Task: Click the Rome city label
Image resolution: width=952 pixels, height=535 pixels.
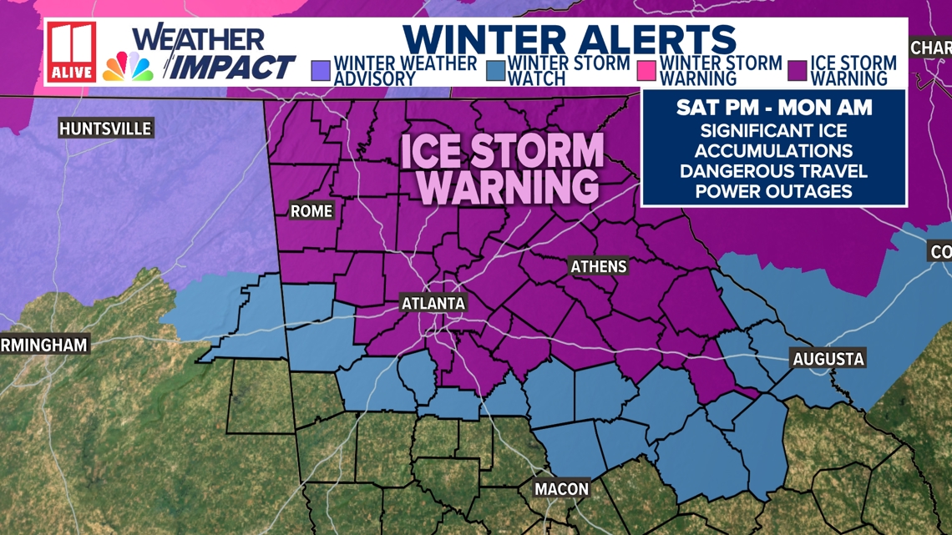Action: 311,211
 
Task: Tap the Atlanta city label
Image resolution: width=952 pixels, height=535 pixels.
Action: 433,303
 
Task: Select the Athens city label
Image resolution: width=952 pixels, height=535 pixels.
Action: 598,267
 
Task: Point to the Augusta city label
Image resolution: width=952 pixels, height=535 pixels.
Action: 828,360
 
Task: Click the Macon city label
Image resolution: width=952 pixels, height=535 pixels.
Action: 561,489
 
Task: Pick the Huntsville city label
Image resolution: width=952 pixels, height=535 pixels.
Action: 105,129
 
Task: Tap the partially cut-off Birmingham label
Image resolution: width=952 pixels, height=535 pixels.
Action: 43,345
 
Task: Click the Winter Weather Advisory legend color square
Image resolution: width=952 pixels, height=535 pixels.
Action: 320,70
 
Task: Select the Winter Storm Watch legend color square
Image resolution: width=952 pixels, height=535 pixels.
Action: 494,70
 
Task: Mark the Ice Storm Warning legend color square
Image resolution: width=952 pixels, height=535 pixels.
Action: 797,70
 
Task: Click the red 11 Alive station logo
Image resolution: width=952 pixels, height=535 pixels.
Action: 71,51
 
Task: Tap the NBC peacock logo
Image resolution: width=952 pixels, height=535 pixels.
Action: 128,67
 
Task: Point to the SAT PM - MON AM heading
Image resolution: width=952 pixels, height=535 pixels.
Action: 774,108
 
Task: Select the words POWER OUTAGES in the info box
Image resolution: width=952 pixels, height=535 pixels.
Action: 774,191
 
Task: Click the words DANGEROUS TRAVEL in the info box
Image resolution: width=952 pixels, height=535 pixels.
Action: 774,171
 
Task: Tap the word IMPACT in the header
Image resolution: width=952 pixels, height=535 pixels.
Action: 235,67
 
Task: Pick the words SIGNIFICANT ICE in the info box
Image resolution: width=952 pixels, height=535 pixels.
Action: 774,131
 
